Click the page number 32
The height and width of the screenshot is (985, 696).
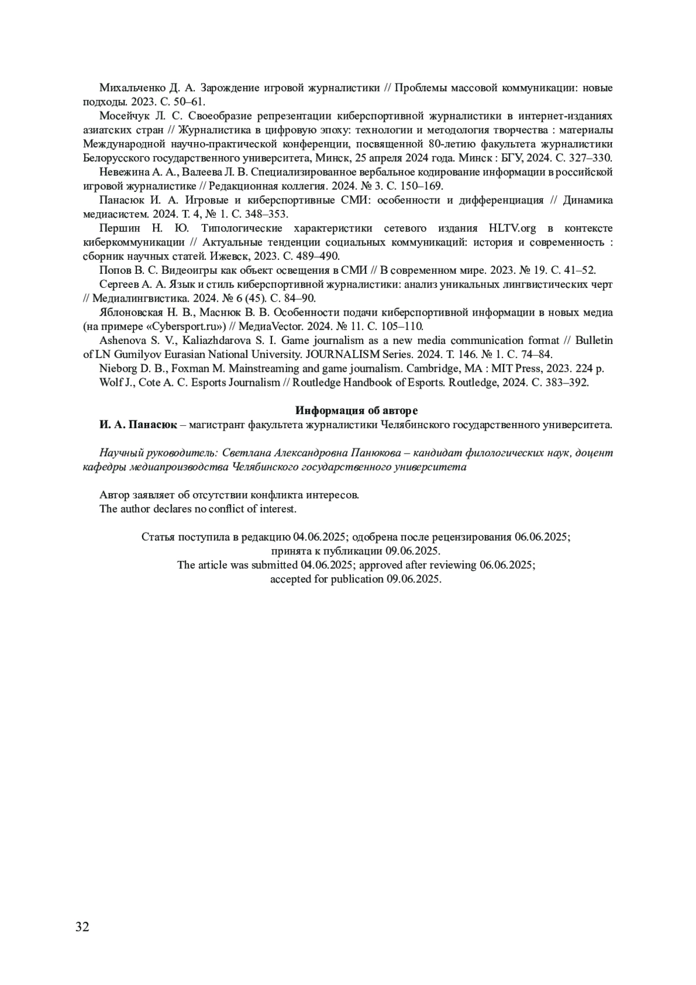[x=82, y=926]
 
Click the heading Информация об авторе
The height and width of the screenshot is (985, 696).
[x=356, y=411]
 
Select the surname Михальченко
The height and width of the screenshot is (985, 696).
[x=133, y=88]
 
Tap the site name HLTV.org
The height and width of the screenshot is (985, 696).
[x=513, y=228]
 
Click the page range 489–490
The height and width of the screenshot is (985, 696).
[x=320, y=256]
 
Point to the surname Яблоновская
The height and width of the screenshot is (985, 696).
[x=131, y=313]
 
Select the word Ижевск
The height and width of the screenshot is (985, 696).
[x=228, y=256]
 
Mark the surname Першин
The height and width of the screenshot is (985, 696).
[x=119, y=228]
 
